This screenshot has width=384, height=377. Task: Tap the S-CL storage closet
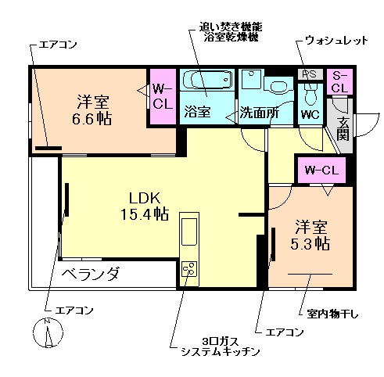click(339, 81)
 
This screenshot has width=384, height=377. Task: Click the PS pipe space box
click(308, 74)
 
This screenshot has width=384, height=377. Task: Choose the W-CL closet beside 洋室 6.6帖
click(163, 95)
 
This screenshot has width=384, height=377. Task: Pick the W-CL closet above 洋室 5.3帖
click(321, 170)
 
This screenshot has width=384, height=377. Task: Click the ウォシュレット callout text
click(336, 40)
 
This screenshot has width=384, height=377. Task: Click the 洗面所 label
click(258, 111)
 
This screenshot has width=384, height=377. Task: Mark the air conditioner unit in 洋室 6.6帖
click(48, 146)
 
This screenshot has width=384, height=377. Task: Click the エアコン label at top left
click(57, 45)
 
